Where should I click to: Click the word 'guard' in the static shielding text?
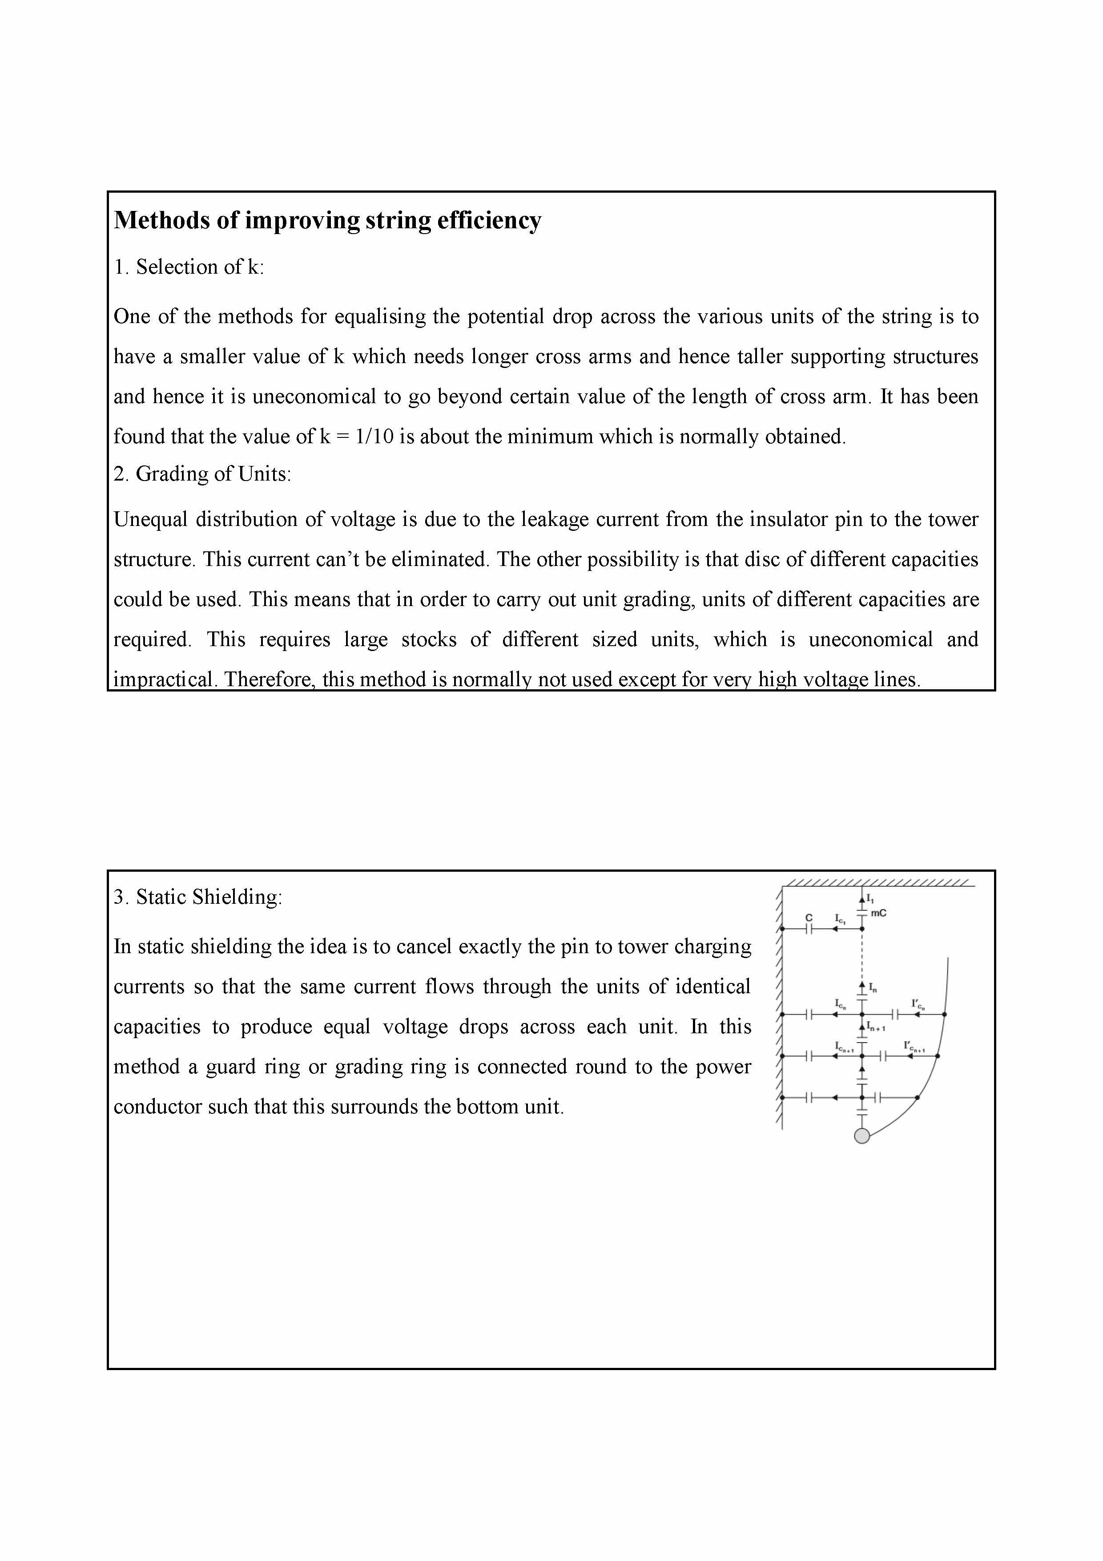click(x=270, y=1067)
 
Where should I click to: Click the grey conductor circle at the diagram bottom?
click(x=862, y=1136)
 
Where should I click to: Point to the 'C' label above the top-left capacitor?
click(x=809, y=917)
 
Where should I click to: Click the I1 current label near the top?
click(x=870, y=899)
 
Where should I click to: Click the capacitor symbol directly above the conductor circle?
click(x=862, y=1116)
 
